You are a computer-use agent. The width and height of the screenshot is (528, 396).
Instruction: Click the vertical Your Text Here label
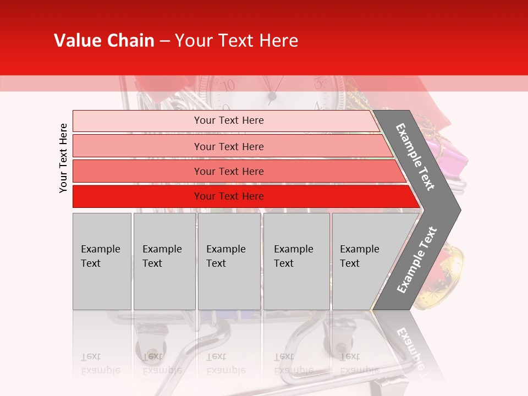[63, 158]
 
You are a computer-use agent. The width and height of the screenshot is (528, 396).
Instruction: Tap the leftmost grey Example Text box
[102, 261]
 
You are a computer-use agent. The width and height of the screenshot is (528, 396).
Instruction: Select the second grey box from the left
[164, 261]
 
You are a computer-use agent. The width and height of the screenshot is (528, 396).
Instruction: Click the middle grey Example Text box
[229, 261]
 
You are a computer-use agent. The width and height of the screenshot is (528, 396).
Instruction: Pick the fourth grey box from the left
[296, 261]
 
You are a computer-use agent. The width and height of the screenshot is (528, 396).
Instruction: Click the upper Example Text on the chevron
[415, 157]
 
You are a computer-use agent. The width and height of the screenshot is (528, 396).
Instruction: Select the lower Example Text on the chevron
[416, 260]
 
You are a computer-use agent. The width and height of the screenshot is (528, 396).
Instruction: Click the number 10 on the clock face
[227, 85]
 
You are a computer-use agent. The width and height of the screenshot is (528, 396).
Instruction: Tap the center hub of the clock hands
[272, 97]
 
